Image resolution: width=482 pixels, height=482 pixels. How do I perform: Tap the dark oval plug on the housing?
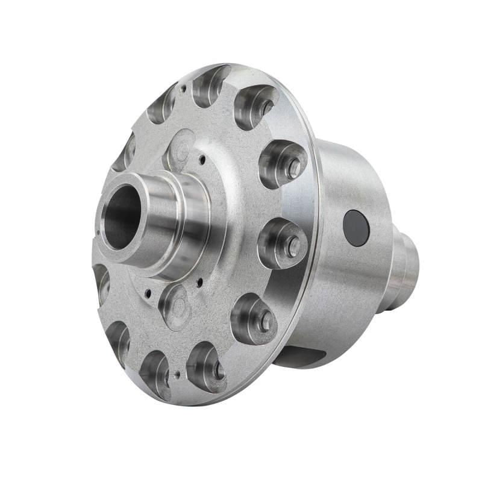[355, 228]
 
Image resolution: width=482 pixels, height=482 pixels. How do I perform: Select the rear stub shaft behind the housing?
[405, 265]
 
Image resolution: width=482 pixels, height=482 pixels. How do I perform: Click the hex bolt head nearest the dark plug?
[293, 244]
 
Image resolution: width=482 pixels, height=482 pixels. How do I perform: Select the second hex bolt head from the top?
[294, 169]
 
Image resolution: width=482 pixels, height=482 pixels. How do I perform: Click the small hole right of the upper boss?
[202, 159]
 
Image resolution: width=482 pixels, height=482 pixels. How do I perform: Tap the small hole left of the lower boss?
[147, 296]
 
